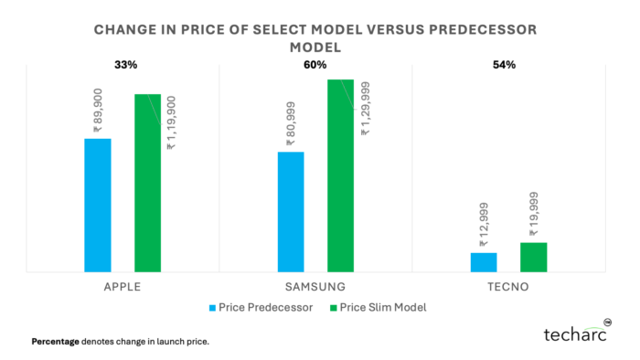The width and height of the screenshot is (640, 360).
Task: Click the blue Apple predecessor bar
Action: coord(98,205)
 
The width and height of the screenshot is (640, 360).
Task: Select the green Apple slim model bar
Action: coord(147,183)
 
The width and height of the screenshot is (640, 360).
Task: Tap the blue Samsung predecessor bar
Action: coord(291,211)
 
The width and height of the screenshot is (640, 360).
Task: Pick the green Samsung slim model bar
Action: coord(340,175)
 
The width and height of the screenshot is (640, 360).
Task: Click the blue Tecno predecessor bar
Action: coord(484,262)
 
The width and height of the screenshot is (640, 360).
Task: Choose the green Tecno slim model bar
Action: coord(533,257)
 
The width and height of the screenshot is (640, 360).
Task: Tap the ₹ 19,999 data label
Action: coord(533,216)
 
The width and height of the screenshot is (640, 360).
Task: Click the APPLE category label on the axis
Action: coord(123,287)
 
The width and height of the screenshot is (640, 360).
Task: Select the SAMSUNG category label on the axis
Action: coord(315,287)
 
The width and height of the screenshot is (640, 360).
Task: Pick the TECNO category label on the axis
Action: coord(508,287)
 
